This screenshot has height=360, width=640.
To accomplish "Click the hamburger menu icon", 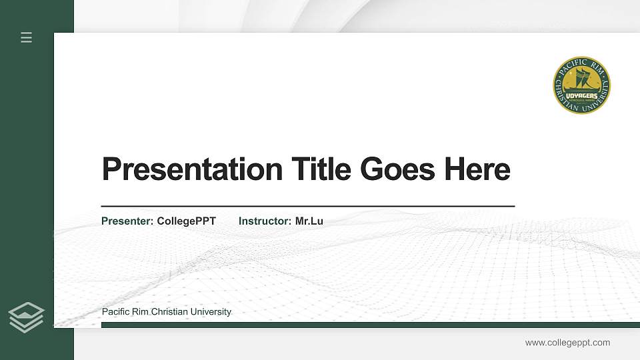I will (x=27, y=37).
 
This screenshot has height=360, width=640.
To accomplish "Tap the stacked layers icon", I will (x=27, y=317).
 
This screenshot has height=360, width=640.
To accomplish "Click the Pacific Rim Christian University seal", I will (x=581, y=85).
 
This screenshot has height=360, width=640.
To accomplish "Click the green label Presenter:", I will (x=127, y=221).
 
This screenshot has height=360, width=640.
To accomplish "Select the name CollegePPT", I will (x=187, y=221).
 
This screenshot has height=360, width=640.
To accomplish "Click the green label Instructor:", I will (x=265, y=221).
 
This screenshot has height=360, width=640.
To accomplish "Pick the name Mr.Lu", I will (x=309, y=221).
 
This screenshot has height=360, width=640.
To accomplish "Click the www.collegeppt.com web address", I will (x=567, y=343).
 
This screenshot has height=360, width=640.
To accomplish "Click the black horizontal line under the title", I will (x=307, y=207).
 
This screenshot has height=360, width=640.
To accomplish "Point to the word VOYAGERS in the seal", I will (x=581, y=95).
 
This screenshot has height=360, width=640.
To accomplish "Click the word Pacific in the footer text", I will (x=116, y=312).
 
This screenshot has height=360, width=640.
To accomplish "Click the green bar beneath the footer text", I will (x=370, y=325).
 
